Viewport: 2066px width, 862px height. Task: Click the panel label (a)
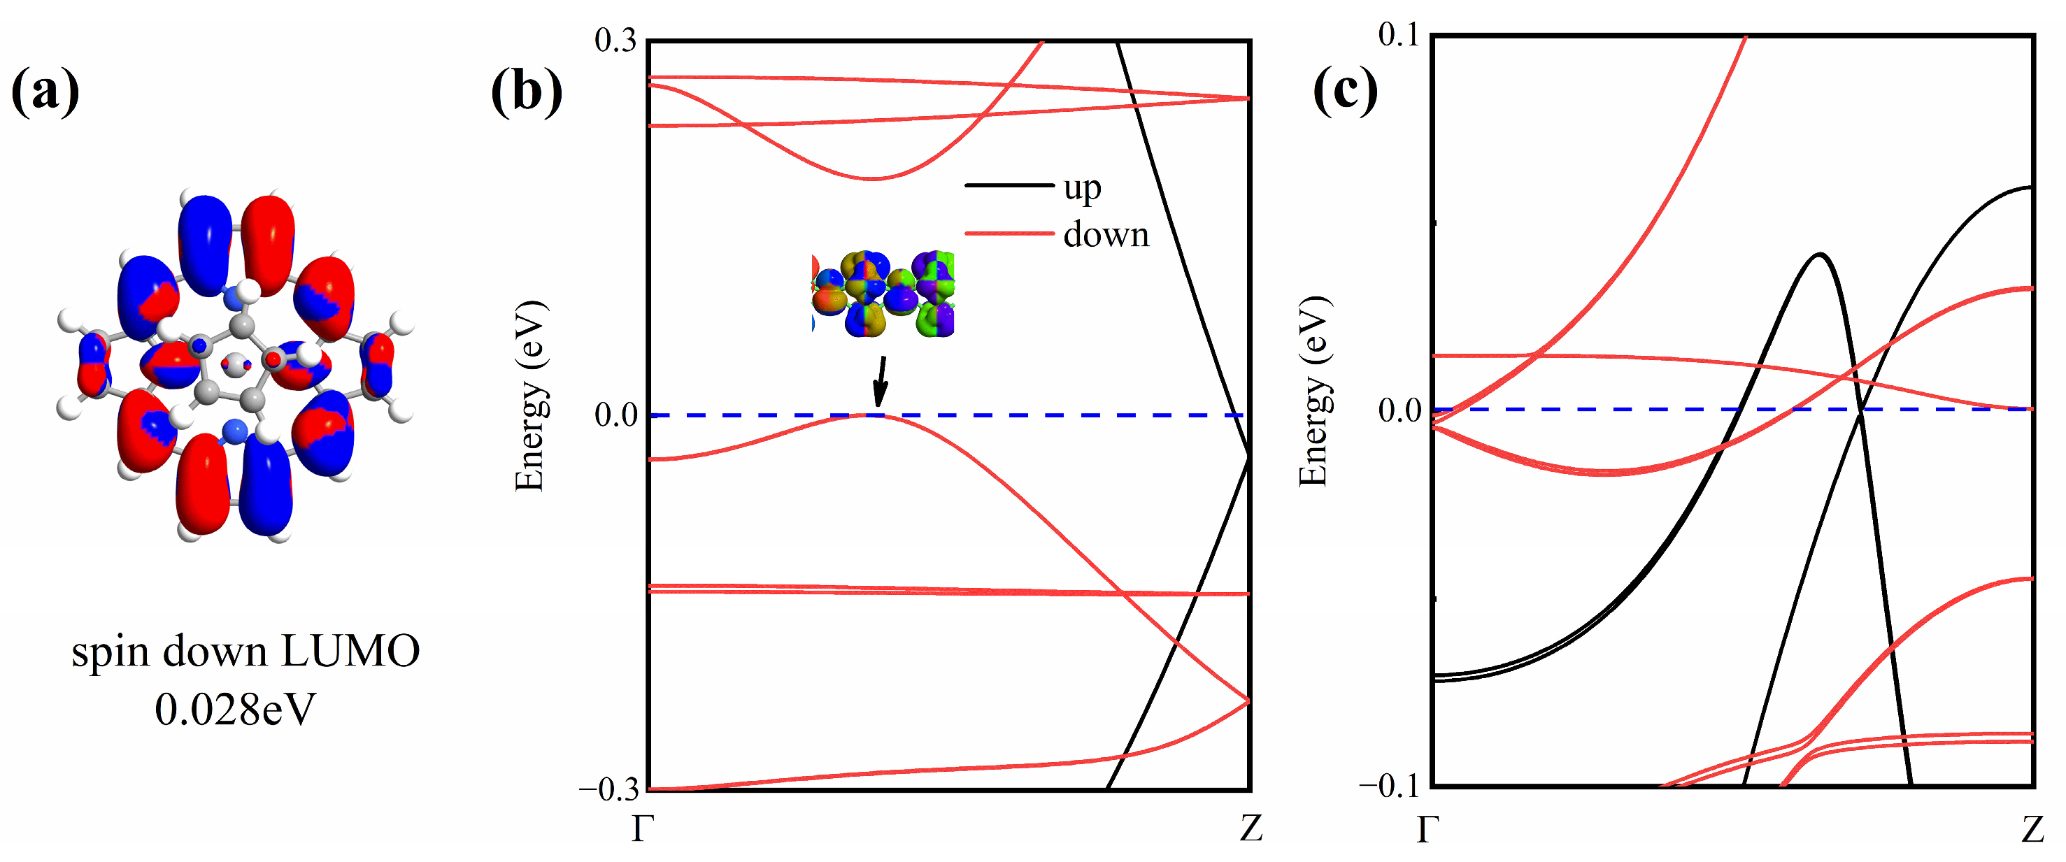click(45, 92)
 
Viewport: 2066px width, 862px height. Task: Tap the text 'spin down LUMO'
click(245, 650)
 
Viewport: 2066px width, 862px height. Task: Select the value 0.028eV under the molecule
click(235, 710)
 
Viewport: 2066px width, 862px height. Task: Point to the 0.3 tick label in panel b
click(615, 40)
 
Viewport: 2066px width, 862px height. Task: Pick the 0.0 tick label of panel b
click(615, 415)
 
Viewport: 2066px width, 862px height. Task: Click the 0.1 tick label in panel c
click(1398, 34)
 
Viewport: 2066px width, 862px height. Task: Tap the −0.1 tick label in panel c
click(1392, 785)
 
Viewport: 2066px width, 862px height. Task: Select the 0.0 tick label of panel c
click(1399, 410)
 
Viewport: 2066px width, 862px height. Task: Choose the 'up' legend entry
click(1082, 187)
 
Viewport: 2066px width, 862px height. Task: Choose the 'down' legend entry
click(1106, 234)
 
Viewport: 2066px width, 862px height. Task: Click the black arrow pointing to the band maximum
click(881, 381)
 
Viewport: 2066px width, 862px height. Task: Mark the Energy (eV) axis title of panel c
click(1313, 391)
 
